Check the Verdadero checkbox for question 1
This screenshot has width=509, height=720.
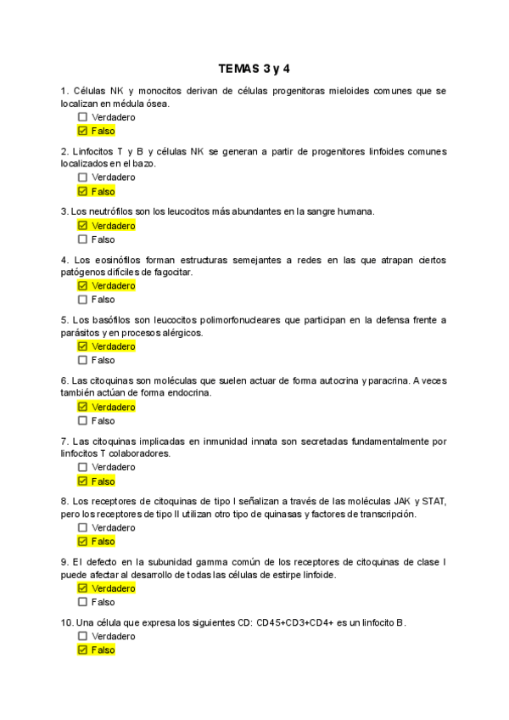tap(82, 117)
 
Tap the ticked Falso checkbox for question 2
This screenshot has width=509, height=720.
tap(82, 191)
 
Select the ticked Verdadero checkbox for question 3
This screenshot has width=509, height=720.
tap(82, 226)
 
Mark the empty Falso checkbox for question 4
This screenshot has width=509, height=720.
tap(82, 300)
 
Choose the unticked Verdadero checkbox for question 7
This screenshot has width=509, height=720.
tap(82, 467)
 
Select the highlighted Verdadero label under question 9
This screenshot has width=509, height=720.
tap(113, 588)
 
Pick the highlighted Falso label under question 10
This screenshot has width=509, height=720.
tap(103, 650)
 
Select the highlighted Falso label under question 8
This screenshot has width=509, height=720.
tap(103, 541)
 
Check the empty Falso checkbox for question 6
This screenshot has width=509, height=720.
tap(82, 420)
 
